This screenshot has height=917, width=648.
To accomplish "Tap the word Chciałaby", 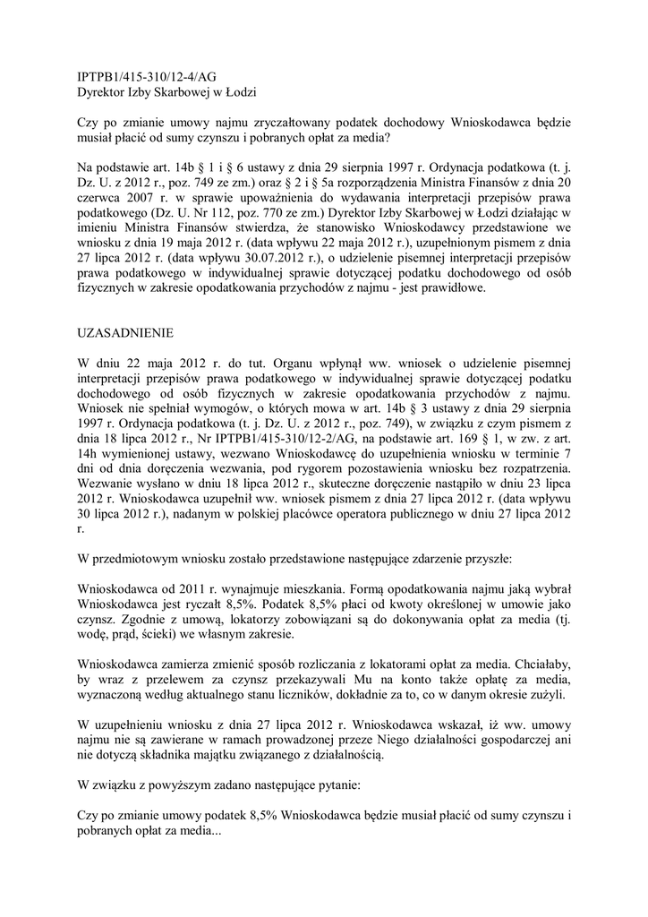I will coord(538,664).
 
